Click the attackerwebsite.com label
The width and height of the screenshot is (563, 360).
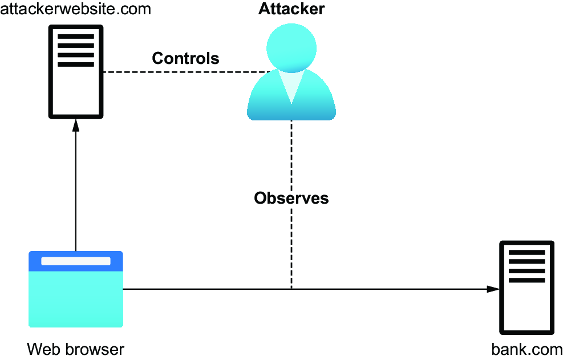click(x=75, y=9)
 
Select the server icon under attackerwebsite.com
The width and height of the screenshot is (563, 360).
click(x=76, y=71)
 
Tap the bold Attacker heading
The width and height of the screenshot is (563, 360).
click(x=291, y=9)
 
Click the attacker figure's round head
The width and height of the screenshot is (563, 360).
click(x=291, y=48)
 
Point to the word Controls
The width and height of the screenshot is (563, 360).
click(x=185, y=58)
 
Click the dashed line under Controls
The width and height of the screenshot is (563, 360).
click(x=187, y=72)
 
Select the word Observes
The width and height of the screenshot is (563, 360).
click(x=291, y=198)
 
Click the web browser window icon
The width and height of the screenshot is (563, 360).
click(x=76, y=289)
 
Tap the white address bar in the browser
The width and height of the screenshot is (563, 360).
click(x=76, y=261)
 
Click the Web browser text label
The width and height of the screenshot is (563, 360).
click(x=75, y=349)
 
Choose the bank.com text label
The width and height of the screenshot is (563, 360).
click(x=526, y=349)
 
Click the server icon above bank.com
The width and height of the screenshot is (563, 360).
click(x=526, y=288)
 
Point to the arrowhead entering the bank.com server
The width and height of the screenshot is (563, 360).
click(x=493, y=289)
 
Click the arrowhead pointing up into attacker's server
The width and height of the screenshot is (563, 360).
click(x=76, y=125)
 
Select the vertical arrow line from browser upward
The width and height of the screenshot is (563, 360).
click(x=76, y=185)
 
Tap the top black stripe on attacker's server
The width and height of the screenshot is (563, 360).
click(x=76, y=37)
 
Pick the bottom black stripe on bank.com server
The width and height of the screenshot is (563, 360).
click(x=526, y=280)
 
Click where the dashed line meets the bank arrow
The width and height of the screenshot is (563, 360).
click(x=291, y=289)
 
